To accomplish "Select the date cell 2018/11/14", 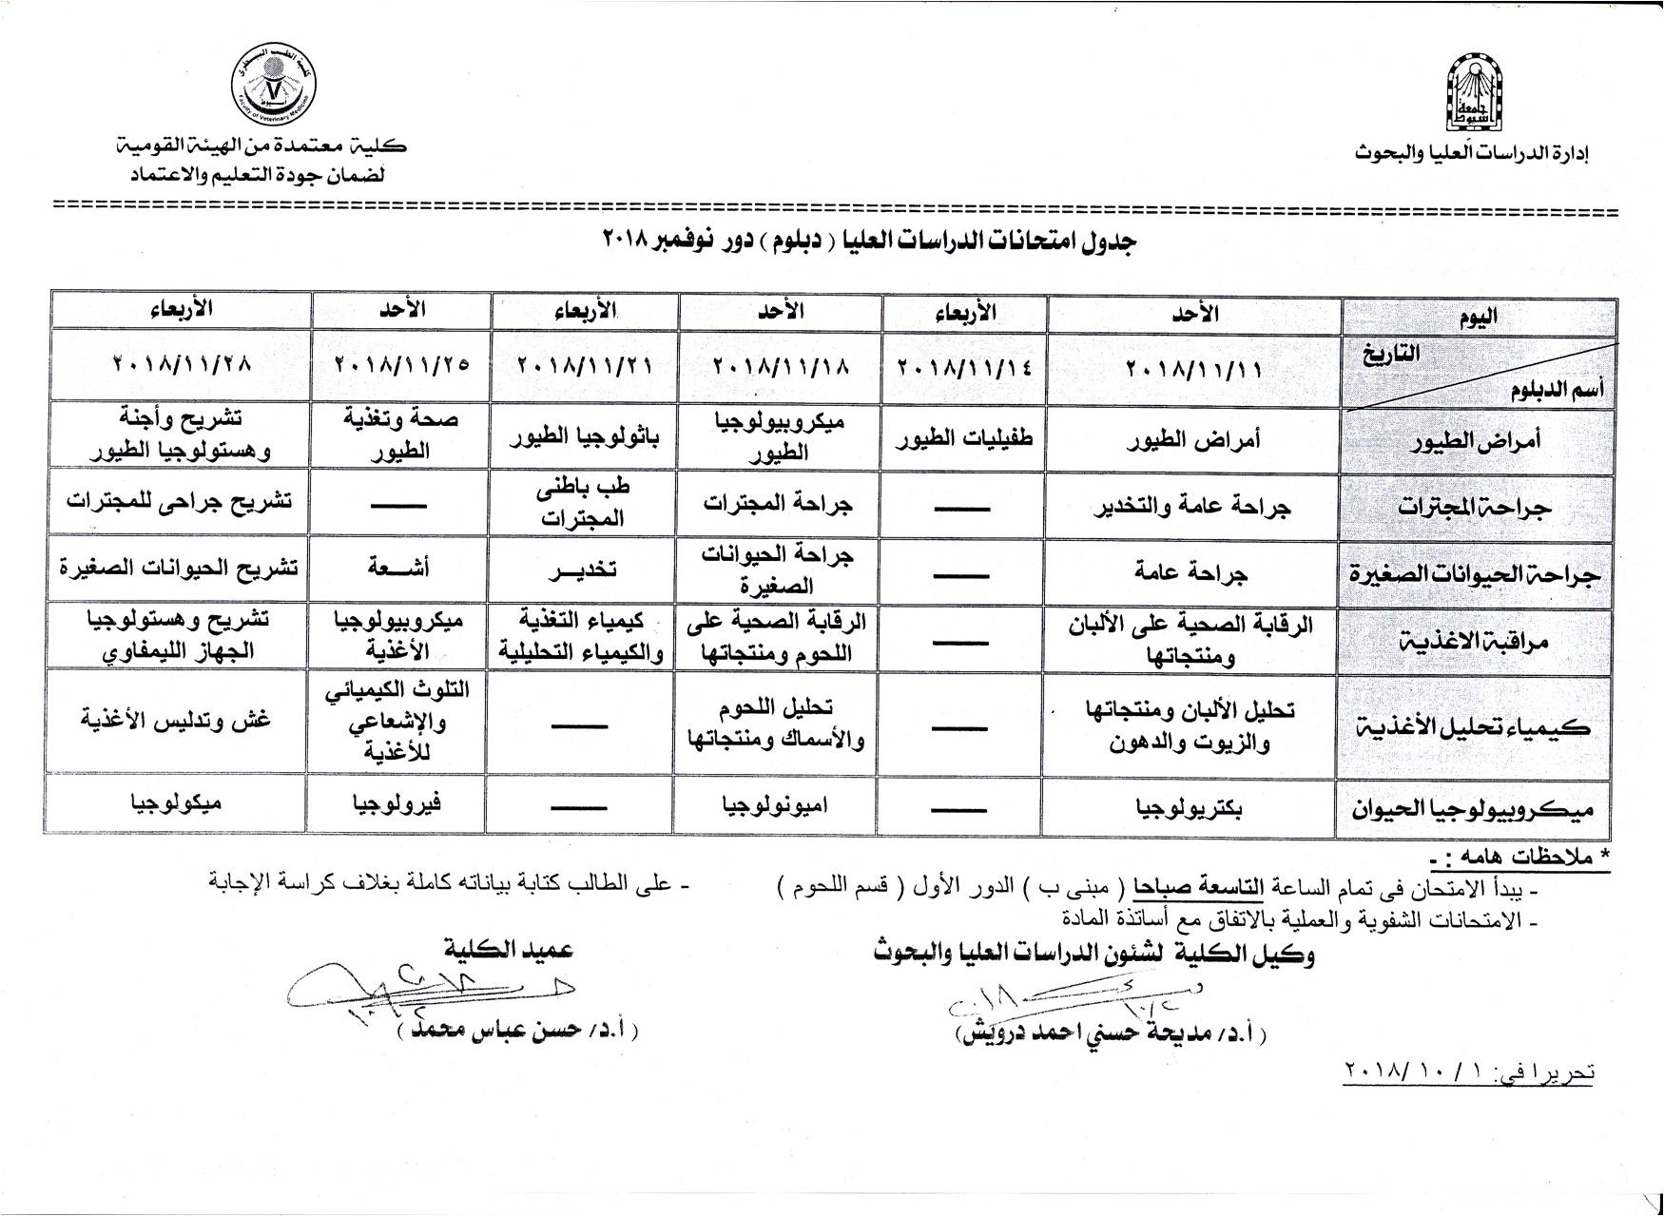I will [962, 366].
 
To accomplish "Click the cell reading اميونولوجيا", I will [775, 805].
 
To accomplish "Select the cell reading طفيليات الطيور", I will [962, 435].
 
